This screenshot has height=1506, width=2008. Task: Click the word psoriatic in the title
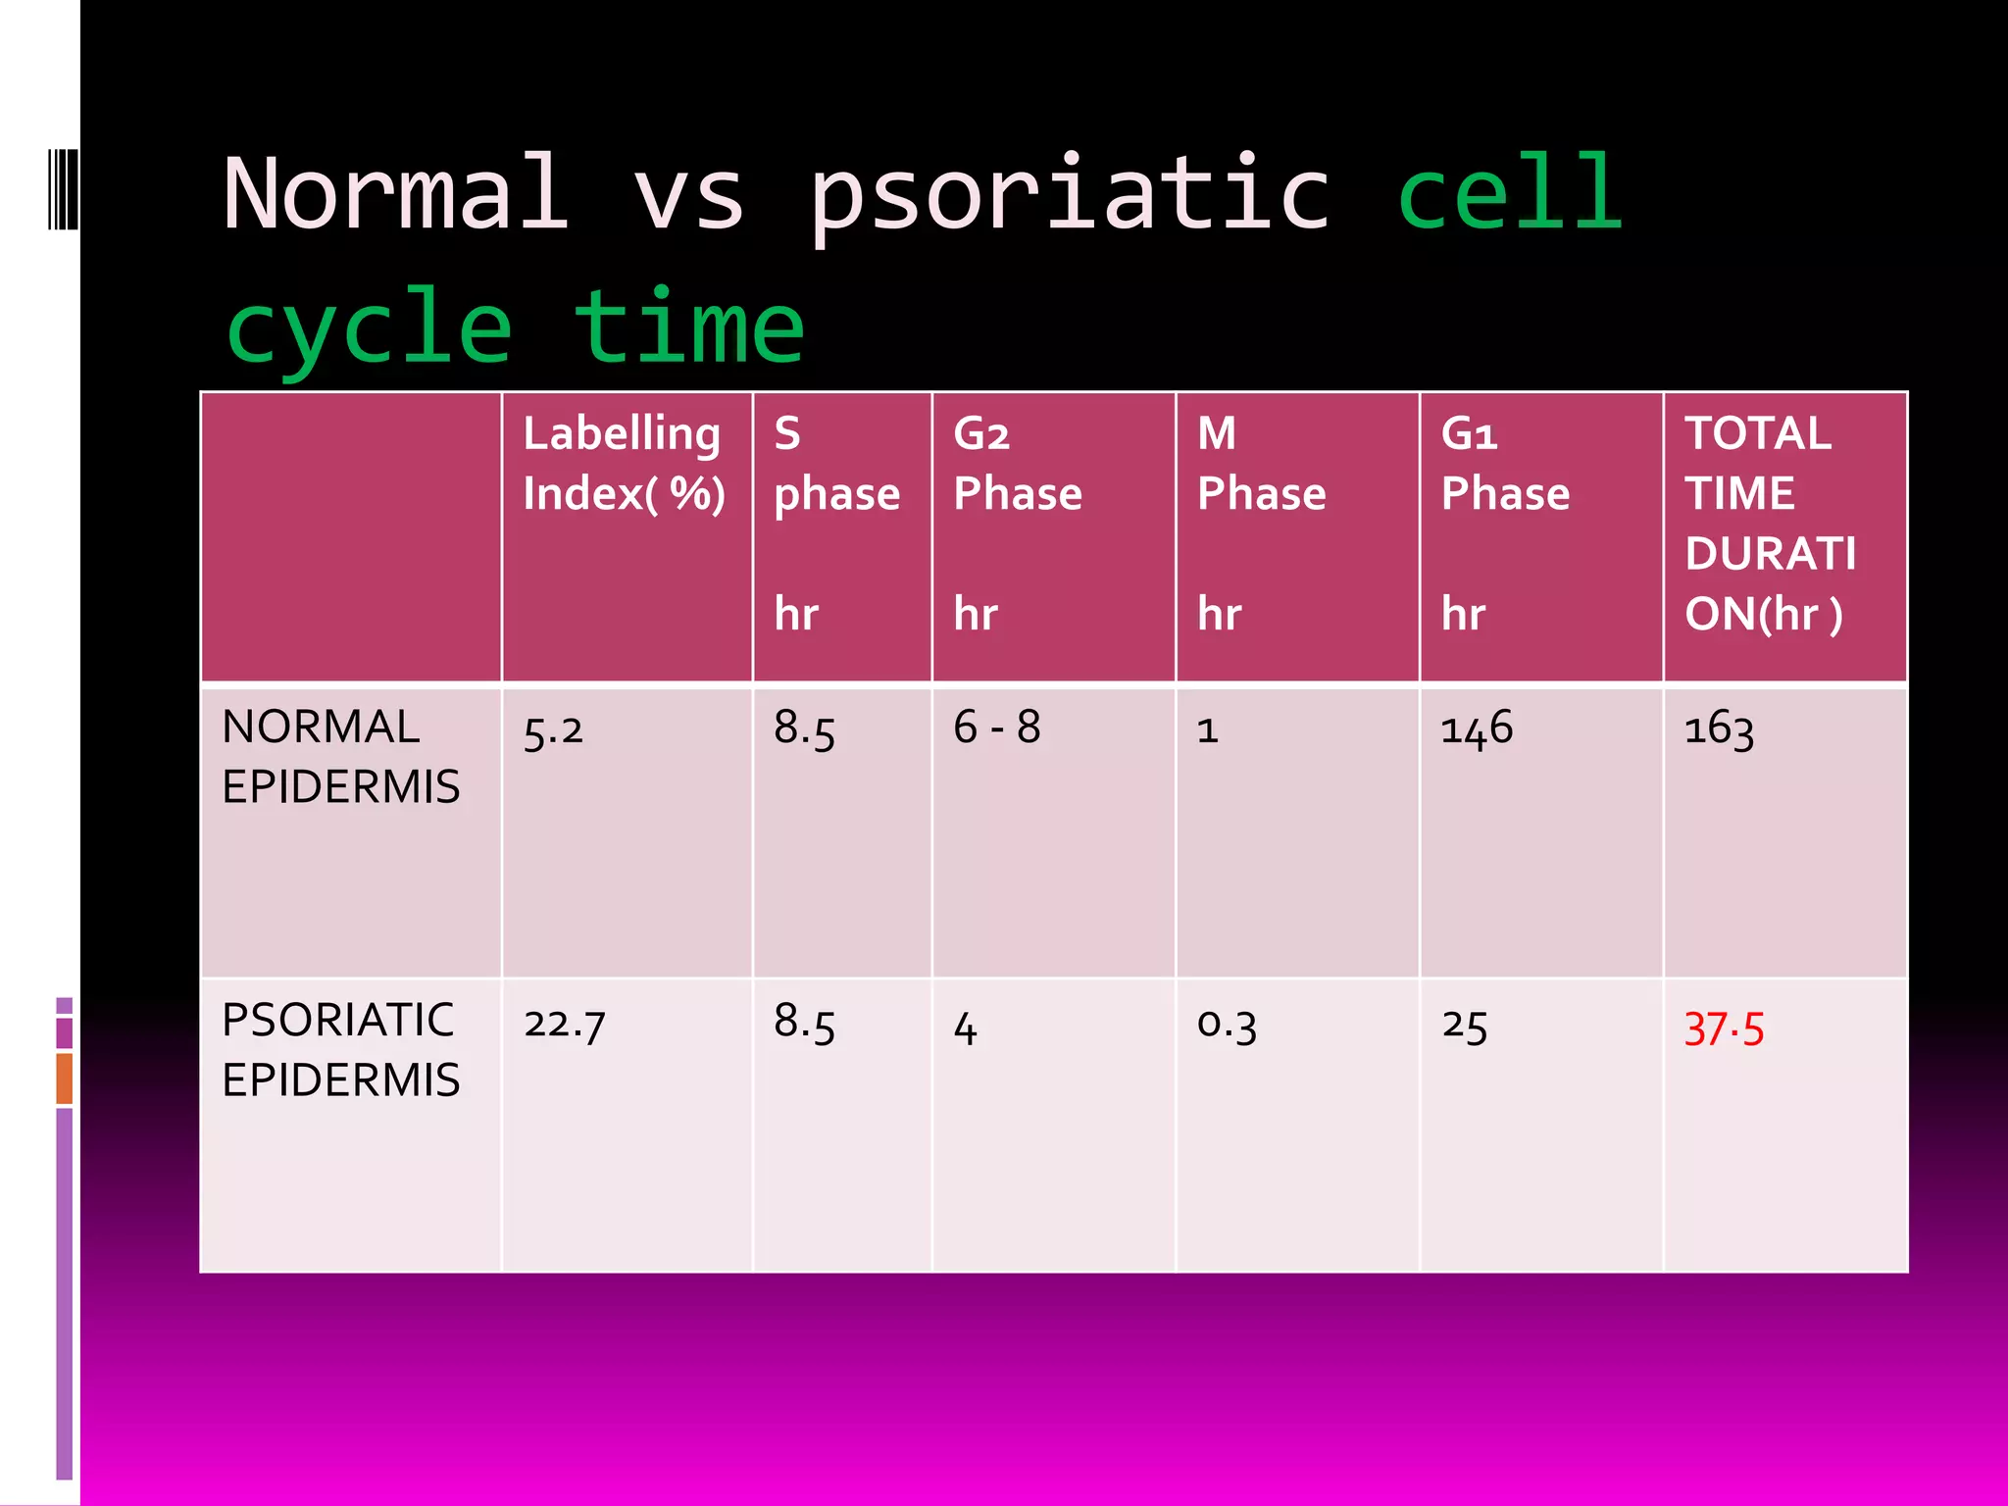[1069, 196]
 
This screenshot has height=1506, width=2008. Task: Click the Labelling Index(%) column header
[624, 463]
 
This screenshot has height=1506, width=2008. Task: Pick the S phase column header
[836, 463]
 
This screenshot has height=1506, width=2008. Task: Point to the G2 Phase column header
[1017, 463]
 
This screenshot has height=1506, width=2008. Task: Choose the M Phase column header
[1261, 463]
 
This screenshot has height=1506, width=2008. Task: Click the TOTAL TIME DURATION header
[1770, 523]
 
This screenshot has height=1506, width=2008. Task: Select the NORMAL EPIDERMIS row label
[340, 756]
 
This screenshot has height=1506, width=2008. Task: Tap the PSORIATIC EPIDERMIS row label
[340, 1049]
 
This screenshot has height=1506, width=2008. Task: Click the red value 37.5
[1723, 1029]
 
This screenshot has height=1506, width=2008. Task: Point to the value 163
[1718, 729]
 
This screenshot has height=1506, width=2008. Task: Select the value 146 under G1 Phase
[1476, 729]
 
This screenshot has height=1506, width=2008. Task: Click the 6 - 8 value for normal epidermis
[996, 728]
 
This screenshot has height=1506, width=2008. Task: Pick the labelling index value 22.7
[564, 1025]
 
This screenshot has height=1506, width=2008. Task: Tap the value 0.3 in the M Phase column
[1226, 1025]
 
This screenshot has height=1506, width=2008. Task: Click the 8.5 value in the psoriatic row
[804, 1023]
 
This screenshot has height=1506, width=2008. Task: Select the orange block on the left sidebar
[65, 1078]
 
